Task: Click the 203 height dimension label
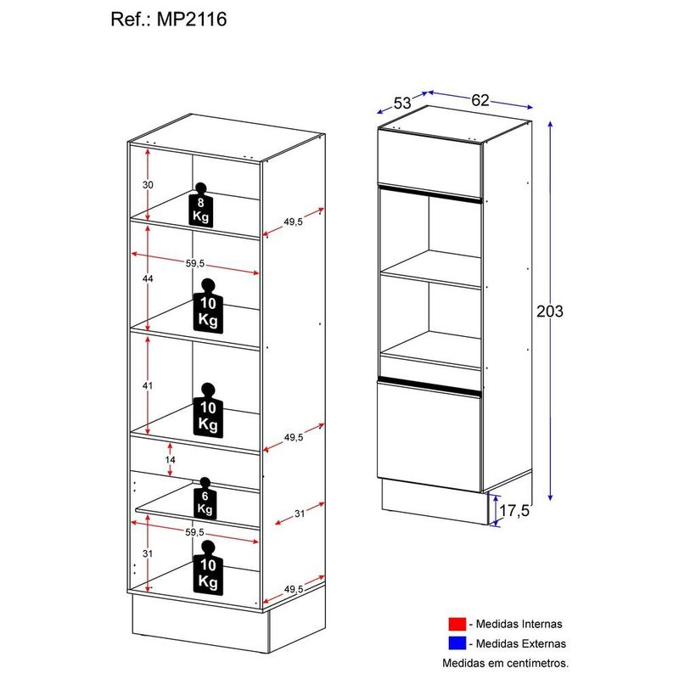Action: pyautogui.click(x=550, y=311)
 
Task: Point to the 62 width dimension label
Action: pyautogui.click(x=480, y=100)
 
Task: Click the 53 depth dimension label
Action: pyautogui.click(x=401, y=104)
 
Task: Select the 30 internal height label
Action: pyautogui.click(x=147, y=184)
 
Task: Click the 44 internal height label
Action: pyautogui.click(x=147, y=278)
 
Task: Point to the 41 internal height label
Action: pyautogui.click(x=147, y=385)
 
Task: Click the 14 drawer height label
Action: pyautogui.click(x=171, y=459)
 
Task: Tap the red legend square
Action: pyautogui.click(x=459, y=625)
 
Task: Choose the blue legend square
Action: pyautogui.click(x=459, y=643)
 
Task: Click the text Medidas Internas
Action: pyautogui.click(x=522, y=625)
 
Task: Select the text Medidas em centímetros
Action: pyautogui.click(x=504, y=662)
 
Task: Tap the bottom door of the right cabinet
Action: pyautogui.click(x=429, y=438)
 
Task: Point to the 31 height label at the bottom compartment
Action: pyautogui.click(x=147, y=553)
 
